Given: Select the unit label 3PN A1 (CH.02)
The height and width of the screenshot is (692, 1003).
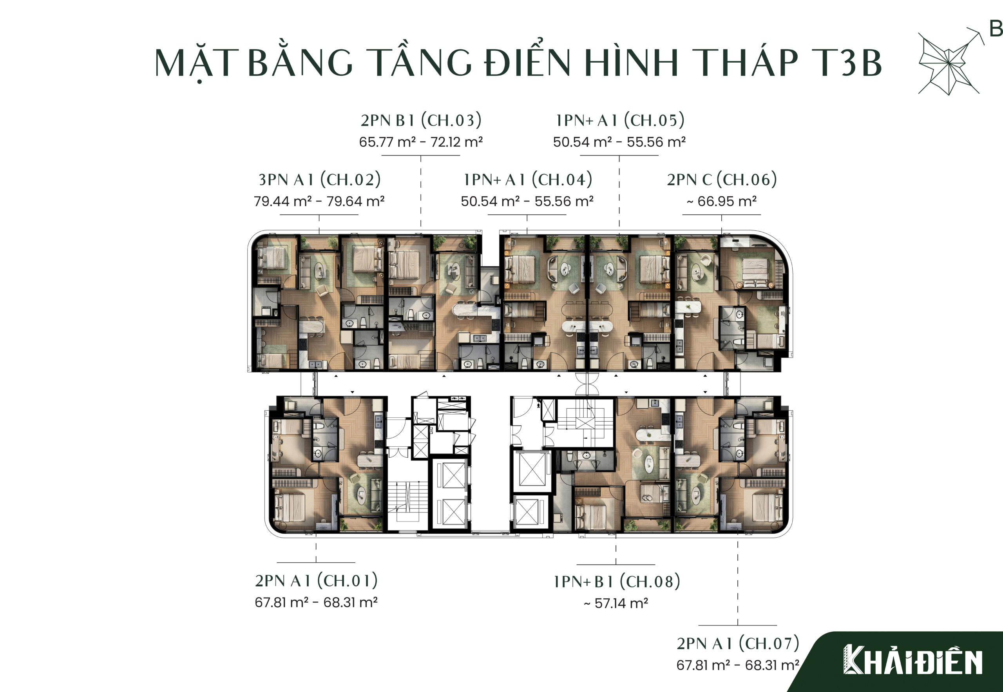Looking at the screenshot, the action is (x=319, y=179).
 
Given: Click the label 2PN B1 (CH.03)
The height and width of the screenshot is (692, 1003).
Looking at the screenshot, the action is (x=421, y=120).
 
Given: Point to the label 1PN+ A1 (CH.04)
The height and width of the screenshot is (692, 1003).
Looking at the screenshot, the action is (x=527, y=179).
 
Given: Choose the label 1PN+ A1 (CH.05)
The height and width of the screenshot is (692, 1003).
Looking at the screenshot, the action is (x=620, y=120).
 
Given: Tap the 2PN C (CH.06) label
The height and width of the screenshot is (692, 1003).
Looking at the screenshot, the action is (x=722, y=179).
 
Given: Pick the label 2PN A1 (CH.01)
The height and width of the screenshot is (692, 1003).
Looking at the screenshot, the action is (x=316, y=581).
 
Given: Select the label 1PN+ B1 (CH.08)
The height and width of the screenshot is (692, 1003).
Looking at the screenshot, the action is (x=616, y=582).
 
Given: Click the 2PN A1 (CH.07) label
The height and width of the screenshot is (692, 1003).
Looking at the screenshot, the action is (x=738, y=643).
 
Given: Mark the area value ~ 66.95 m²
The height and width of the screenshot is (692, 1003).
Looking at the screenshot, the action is (x=722, y=201).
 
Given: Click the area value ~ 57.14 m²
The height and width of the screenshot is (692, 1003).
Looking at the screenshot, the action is (x=616, y=603).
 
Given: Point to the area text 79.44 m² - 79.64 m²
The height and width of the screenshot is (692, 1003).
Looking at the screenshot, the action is (x=319, y=201).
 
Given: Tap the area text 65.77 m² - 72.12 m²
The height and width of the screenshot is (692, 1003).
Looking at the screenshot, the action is (x=421, y=142).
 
